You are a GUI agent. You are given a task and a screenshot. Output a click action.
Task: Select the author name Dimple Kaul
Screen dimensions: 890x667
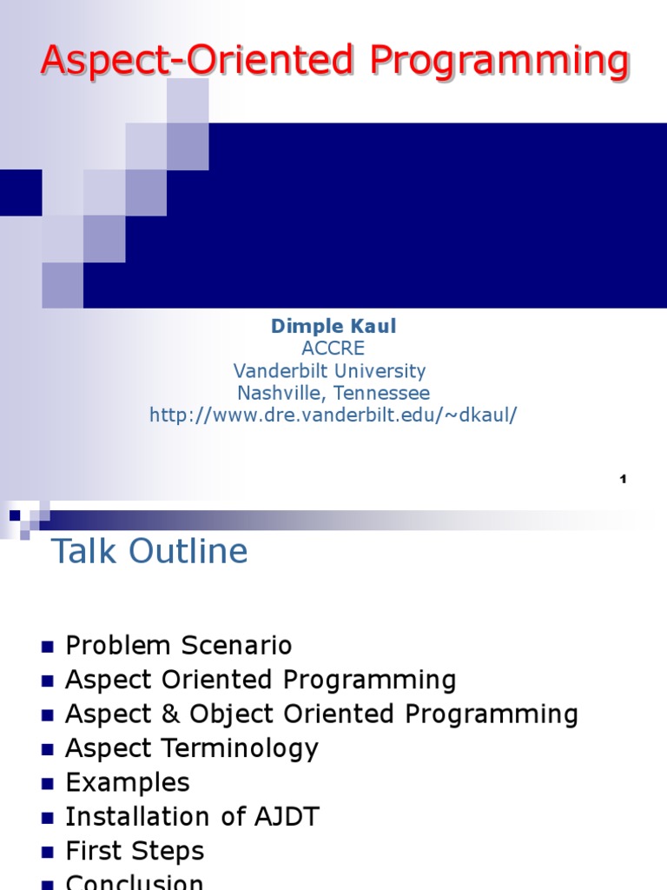(333, 326)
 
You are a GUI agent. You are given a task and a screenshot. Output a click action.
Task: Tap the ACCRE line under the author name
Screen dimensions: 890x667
(333, 349)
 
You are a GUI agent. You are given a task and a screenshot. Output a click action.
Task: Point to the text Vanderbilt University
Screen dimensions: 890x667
(333, 371)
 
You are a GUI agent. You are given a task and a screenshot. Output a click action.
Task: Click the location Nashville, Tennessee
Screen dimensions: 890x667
(333, 394)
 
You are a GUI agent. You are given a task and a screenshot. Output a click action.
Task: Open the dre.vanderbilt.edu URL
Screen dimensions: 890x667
(333, 415)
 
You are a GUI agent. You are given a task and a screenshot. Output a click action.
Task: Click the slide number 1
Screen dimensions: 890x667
(624, 479)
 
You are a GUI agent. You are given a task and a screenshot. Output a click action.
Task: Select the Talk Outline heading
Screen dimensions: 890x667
(149, 552)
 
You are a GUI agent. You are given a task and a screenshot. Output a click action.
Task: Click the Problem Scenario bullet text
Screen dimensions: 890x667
(179, 646)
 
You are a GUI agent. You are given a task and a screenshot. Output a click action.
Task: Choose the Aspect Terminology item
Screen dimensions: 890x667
(192, 748)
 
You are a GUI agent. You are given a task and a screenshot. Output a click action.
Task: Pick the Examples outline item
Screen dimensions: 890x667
(128, 782)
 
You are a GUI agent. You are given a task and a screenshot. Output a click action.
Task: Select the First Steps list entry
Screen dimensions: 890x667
(135, 851)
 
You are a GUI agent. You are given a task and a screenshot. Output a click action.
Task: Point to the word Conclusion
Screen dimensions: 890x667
(135, 881)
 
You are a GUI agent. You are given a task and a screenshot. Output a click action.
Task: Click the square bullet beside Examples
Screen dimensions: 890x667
(47, 784)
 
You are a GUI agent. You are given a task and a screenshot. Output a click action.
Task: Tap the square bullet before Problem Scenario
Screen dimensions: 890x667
(47, 647)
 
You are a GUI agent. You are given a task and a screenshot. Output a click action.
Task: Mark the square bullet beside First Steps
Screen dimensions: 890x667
(47, 853)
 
